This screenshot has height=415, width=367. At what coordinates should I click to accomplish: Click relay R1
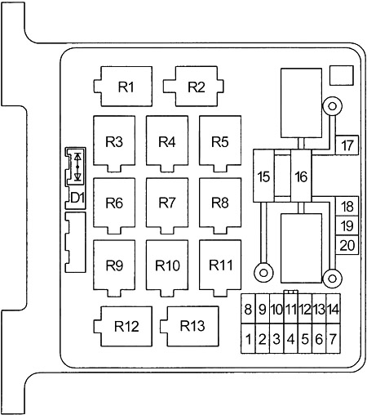pos(123,87)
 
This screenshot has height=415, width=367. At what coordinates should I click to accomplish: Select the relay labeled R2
pos(193,87)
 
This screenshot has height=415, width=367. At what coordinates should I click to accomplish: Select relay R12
pos(123,326)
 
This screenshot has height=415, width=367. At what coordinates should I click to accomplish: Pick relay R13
pos(189,326)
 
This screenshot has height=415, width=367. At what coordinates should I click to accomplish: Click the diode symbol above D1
pos(77,167)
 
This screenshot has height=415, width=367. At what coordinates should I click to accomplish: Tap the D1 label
pos(77,198)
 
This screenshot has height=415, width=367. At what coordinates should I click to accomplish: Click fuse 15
pos(263,176)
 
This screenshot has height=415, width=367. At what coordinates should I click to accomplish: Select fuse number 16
pos(301,176)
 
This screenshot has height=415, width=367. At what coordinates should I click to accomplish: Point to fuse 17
pos(347,145)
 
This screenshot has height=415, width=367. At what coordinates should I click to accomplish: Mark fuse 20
pos(347,245)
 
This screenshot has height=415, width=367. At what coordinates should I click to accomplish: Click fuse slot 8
pos(248,309)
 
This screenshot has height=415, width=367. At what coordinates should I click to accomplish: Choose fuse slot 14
pos(333,309)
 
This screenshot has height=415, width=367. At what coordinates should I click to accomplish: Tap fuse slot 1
pos(248,339)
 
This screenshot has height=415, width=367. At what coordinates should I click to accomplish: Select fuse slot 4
pos(290,339)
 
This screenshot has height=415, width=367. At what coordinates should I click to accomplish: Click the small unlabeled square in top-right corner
pos(342,75)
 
